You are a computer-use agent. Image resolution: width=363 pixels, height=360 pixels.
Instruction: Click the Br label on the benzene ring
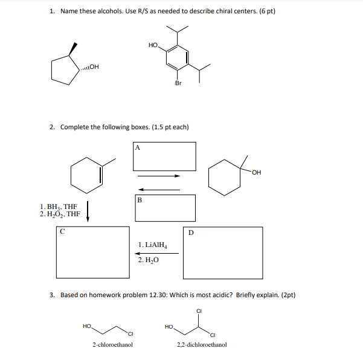click(178, 83)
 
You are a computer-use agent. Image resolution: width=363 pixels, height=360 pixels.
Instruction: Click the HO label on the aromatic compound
click(153, 45)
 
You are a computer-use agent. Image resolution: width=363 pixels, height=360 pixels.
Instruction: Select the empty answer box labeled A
click(165, 156)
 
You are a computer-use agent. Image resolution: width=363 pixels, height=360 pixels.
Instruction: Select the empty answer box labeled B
click(165, 208)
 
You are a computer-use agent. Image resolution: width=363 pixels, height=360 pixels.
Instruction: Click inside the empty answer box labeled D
click(223, 253)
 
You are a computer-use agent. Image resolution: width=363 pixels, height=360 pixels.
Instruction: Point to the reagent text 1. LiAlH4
click(152, 245)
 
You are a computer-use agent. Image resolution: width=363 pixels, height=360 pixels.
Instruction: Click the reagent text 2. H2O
click(148, 260)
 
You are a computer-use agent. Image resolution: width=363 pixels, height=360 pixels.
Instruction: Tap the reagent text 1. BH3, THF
click(59, 205)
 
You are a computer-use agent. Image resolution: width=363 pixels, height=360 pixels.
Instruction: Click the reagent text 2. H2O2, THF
click(59, 214)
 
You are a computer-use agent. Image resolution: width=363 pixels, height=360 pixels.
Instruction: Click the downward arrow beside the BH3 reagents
click(88, 212)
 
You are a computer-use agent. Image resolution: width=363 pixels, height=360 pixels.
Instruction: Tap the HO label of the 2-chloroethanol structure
click(87, 326)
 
